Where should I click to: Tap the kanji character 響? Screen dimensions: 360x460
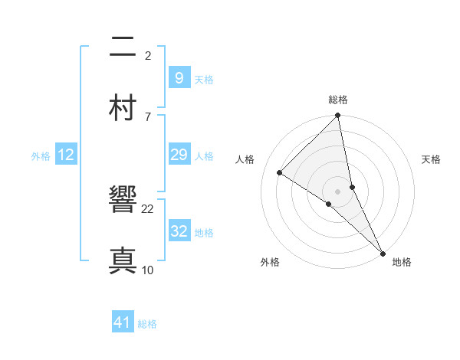123,204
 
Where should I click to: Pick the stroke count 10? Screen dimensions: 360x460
148,270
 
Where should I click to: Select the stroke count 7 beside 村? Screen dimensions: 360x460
148,116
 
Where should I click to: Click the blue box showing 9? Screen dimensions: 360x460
179,78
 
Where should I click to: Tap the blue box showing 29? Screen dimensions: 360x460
179,155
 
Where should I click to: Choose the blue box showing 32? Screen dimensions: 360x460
179,231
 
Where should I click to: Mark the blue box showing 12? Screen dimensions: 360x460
66,155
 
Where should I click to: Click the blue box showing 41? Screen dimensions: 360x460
123,323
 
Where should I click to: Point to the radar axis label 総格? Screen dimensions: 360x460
338,100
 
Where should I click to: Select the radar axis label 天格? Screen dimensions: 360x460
432,159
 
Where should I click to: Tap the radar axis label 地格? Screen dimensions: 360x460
402,262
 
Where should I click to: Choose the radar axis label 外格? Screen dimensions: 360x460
270,262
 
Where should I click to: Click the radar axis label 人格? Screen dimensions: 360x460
245,159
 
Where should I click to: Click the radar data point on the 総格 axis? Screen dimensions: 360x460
338,116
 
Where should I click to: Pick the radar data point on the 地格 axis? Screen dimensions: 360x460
383,253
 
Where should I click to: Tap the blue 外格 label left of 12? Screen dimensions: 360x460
41,156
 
